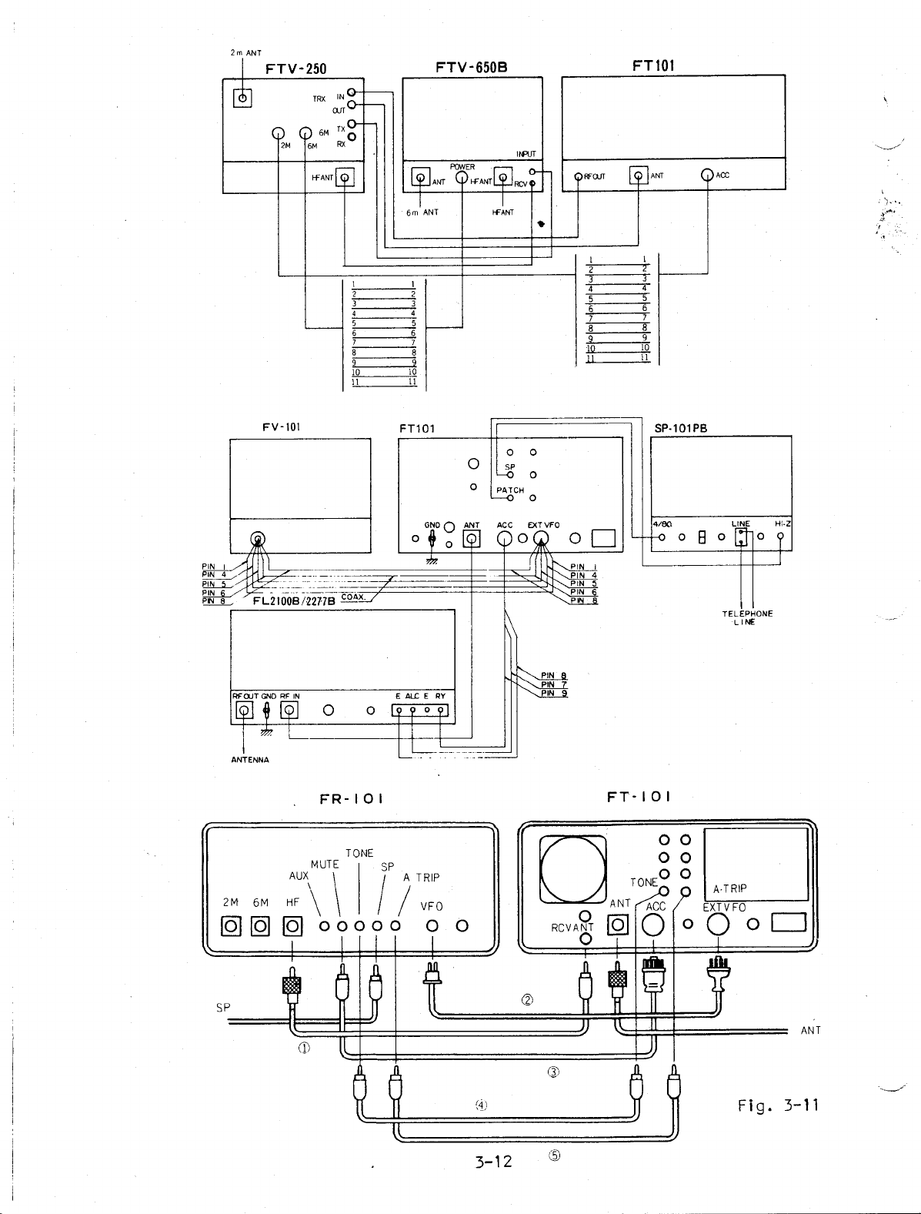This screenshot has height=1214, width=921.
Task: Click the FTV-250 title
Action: pos(296,69)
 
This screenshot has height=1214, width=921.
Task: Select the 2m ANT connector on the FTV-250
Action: pos(242,98)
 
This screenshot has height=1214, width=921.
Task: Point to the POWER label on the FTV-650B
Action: pos(462,167)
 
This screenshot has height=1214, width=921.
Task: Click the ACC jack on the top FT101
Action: pos(708,176)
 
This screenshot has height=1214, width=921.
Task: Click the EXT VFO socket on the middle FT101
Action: pos(542,538)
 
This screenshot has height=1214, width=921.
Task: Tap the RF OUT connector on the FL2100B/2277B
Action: pos(244,710)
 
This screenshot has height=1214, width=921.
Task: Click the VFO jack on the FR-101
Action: pos(432,925)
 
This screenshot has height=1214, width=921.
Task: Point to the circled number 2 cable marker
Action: pos(527,1000)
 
